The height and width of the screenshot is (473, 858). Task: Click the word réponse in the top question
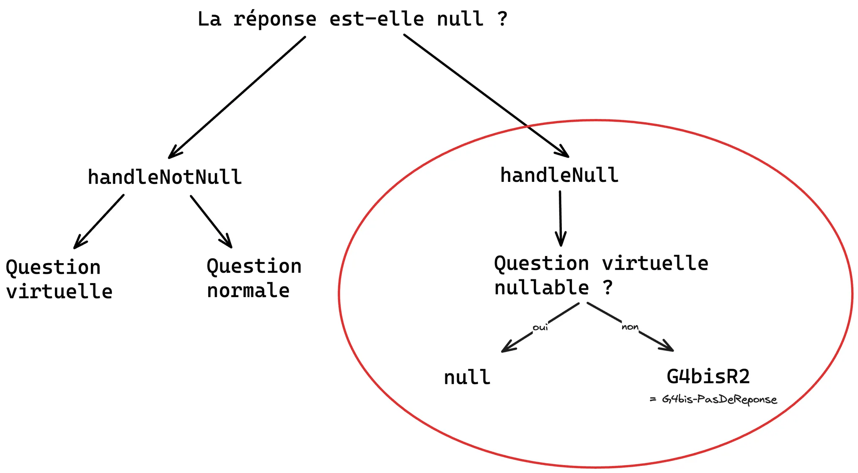click(x=274, y=19)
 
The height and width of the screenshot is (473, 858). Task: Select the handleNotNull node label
click(x=165, y=177)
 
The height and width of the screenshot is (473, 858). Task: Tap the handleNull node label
click(x=559, y=175)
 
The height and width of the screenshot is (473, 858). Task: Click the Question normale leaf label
click(x=253, y=278)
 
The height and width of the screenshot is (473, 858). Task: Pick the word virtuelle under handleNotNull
click(x=59, y=292)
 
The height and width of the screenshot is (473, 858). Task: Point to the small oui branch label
click(x=540, y=327)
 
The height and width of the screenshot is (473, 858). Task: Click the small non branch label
click(x=630, y=327)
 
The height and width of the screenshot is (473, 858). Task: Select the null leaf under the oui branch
click(x=467, y=377)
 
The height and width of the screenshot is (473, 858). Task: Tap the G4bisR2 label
click(x=708, y=376)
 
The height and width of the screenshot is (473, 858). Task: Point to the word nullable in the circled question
click(x=541, y=288)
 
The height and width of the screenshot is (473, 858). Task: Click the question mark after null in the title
click(x=502, y=19)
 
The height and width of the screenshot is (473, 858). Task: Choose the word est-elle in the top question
click(x=377, y=19)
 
